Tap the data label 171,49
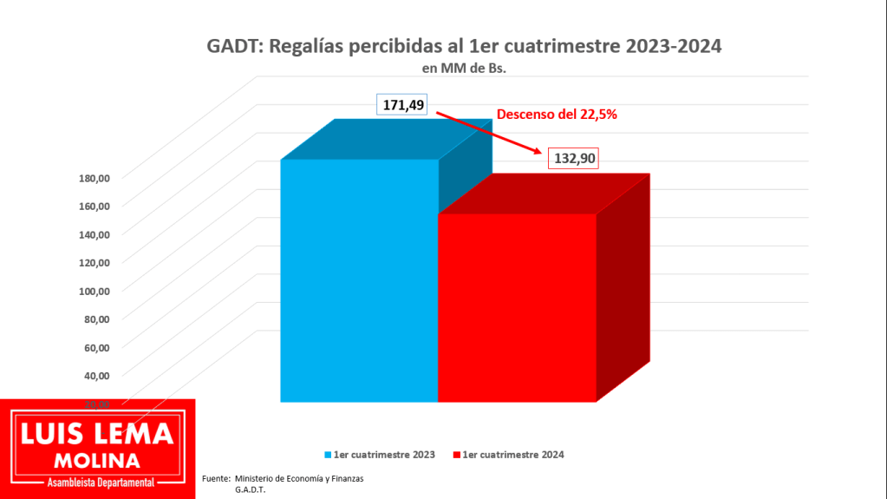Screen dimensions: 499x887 (404, 105)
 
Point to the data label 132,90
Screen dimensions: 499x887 (573, 159)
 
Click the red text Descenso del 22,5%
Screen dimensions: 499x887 (556, 114)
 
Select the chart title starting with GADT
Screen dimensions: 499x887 (464, 47)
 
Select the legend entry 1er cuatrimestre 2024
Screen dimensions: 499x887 (514, 455)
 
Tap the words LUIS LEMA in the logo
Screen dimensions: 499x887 (97, 435)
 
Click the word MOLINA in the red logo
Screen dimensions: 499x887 (97, 460)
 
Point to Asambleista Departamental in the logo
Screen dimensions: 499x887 (97, 482)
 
